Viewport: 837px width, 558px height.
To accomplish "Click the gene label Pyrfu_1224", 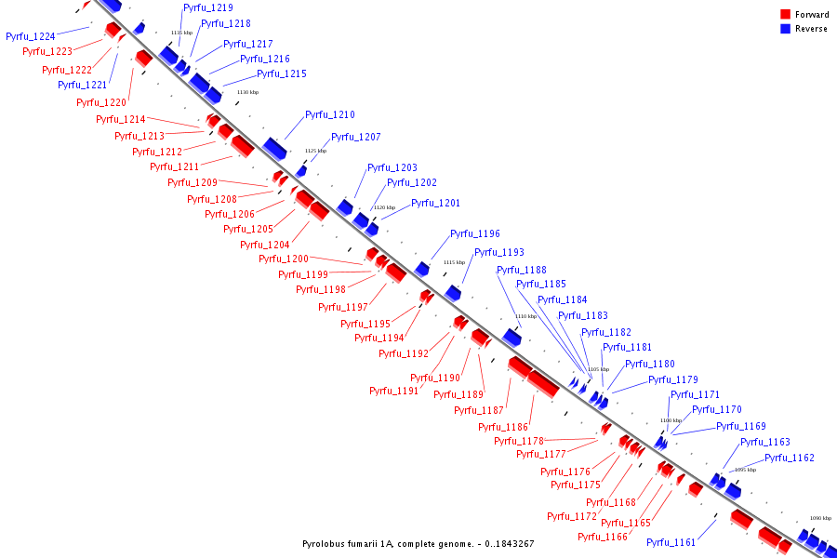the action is click(31, 36).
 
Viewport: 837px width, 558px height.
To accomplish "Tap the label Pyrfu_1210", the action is click(330, 115).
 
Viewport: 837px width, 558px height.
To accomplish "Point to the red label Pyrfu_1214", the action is click(121, 119).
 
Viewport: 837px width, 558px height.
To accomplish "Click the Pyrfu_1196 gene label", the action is click(475, 234).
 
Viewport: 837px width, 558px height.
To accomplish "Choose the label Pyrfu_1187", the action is click(480, 410).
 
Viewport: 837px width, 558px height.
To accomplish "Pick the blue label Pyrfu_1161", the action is click(671, 542).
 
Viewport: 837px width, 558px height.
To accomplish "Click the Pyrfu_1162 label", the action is click(790, 458).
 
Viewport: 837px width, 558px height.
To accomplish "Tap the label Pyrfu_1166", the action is click(603, 537).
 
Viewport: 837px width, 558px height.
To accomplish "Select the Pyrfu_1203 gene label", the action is click(392, 168).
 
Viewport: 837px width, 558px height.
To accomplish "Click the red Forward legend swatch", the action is click(786, 15).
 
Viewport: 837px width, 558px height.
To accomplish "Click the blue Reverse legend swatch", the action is click(786, 29).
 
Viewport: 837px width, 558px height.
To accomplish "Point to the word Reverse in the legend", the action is click(811, 29).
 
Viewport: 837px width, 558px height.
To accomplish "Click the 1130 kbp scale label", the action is click(248, 92).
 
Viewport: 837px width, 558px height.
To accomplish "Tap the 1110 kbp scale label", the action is click(526, 316).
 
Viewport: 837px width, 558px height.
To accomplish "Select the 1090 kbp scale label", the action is click(820, 518).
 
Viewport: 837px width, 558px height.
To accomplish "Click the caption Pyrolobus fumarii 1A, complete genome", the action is click(418, 544).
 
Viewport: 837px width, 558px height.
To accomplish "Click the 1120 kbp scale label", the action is click(384, 207).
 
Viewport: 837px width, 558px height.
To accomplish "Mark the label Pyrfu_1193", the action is click(499, 252).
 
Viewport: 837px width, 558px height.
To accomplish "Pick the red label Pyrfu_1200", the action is click(284, 259).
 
